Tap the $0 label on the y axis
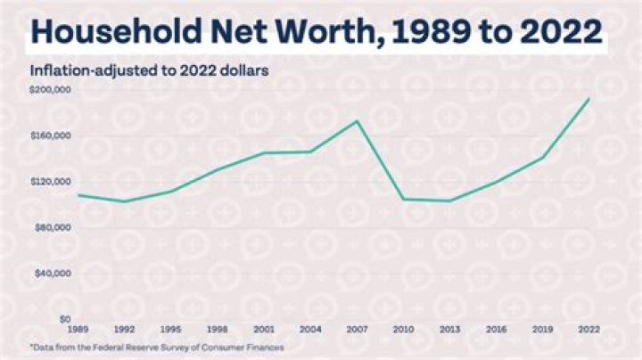coord(64,318)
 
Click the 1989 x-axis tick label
coord(79,329)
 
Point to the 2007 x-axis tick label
coord(358,329)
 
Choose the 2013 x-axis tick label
coord(450,329)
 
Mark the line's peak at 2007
coord(358,121)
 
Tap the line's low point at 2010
coord(404,199)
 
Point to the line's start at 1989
coord(79,194)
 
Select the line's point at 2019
coord(543,158)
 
